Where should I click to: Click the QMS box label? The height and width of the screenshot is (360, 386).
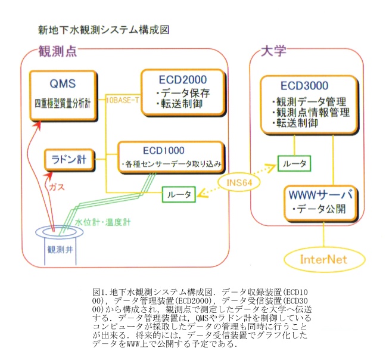pos(63,83)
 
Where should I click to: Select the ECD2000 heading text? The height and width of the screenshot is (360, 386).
pos(183,79)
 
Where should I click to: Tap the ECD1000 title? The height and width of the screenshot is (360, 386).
pos(164,150)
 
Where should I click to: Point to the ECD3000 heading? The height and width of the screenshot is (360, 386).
pos(304,86)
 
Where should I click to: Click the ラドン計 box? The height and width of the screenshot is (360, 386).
pos(69,160)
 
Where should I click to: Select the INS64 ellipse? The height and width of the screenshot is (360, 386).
pos(239,183)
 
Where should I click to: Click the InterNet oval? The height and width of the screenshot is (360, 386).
pos(324,259)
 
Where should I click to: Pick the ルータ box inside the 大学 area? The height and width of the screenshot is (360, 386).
pos(294,163)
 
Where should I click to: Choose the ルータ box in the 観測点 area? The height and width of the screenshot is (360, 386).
pos(179,194)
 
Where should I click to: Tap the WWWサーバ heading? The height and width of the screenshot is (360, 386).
pos(320,195)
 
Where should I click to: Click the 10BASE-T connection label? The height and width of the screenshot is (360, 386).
pos(122,100)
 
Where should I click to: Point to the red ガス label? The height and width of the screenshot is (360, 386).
pos(57,187)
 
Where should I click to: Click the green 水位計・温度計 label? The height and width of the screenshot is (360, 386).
pos(102,222)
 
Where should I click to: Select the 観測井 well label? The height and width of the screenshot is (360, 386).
pos(60,250)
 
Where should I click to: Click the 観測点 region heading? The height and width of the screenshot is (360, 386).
pos(58,51)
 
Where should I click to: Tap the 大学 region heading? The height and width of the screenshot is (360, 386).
pos(273,51)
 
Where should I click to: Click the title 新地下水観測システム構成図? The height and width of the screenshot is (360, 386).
pos(104,30)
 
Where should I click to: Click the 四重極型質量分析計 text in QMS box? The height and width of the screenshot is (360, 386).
pos(63,104)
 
